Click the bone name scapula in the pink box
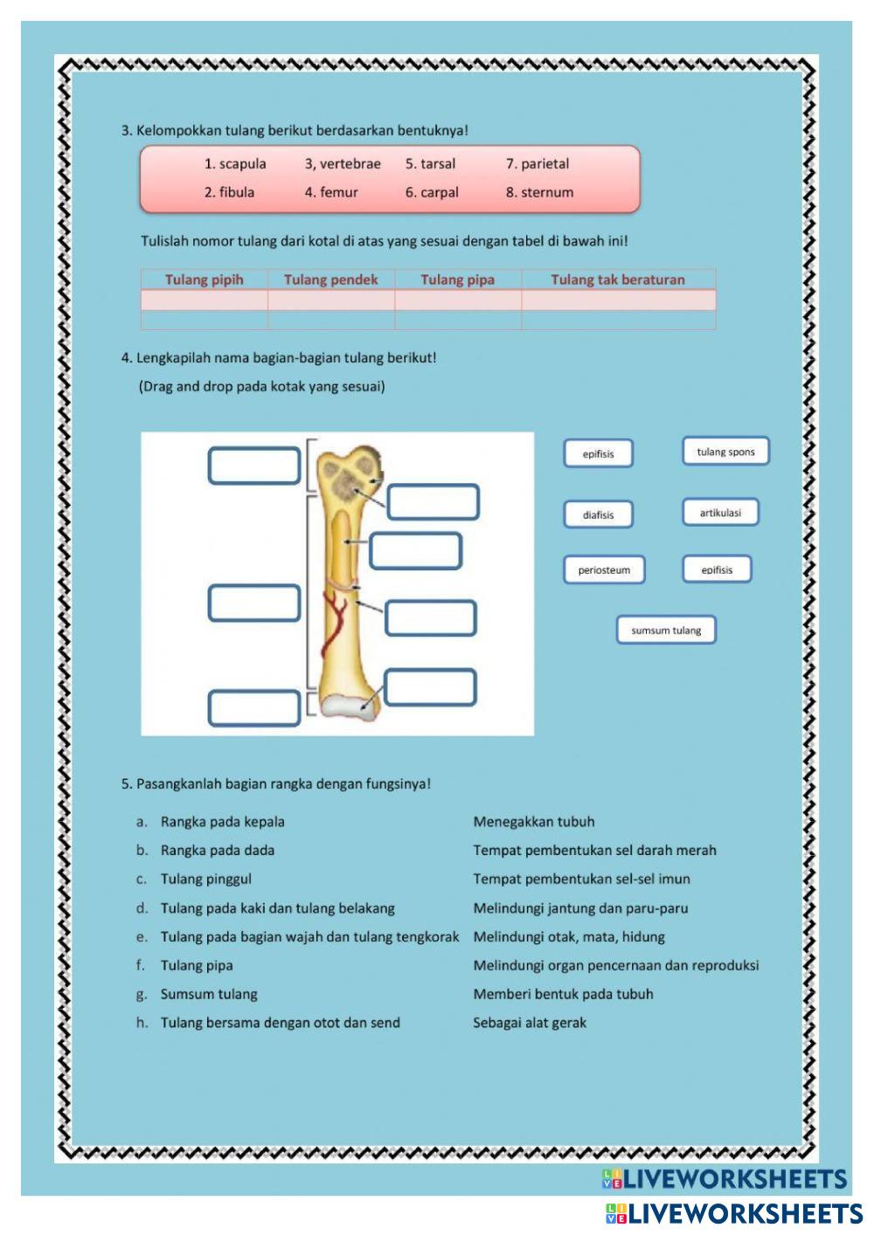(242, 164)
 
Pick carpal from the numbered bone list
(439, 193)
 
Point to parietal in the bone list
(545, 164)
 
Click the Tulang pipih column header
(204, 280)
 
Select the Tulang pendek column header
(330, 280)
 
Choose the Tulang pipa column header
(457, 280)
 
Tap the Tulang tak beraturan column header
(617, 280)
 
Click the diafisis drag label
(598, 515)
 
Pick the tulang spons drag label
(725, 452)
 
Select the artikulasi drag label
(720, 514)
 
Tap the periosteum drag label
(604, 570)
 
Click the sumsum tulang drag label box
(666, 631)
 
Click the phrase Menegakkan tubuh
(533, 822)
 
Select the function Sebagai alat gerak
(530, 1023)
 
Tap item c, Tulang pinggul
(205, 880)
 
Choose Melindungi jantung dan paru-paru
(580, 908)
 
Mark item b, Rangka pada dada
(217, 851)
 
